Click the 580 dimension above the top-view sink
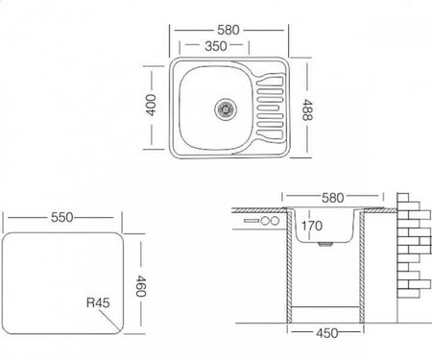[x=228, y=30]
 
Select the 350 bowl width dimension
[x=216, y=46]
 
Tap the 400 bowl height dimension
[x=151, y=105]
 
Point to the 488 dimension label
[x=307, y=109]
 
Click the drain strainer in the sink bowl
[x=226, y=109]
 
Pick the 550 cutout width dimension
[x=62, y=218]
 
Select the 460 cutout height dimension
[x=141, y=286]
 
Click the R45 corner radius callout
[x=98, y=302]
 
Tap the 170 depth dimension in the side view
[x=312, y=226]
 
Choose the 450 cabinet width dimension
[x=327, y=333]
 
